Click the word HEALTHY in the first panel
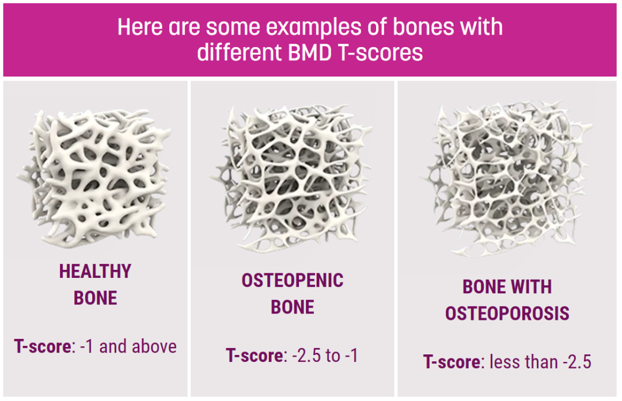click(x=95, y=272)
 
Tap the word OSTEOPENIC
click(x=293, y=281)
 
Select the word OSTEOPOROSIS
click(x=507, y=314)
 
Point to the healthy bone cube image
click(x=94, y=178)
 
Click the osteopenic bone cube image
click(x=291, y=178)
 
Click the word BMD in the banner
click(x=310, y=53)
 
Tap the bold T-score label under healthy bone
click(x=43, y=346)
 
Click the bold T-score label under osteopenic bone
click(x=255, y=356)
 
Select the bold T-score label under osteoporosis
click(x=453, y=362)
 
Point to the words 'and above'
click(x=138, y=346)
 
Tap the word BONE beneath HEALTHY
click(x=95, y=298)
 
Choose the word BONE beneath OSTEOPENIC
click(x=293, y=307)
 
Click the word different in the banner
click(x=240, y=53)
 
